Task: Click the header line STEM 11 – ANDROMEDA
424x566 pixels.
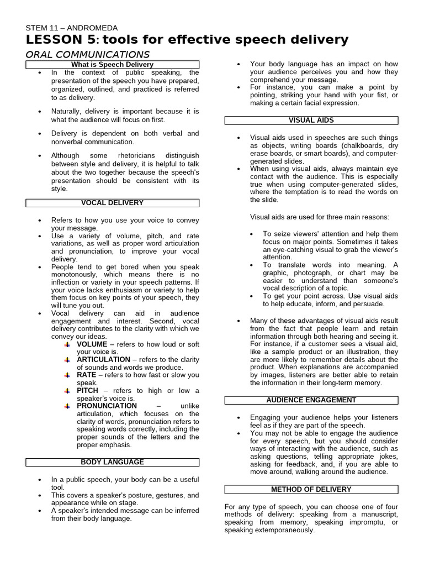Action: tap(72, 28)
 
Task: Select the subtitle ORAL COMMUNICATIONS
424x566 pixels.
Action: tap(88, 54)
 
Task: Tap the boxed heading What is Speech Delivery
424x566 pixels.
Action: tap(113, 65)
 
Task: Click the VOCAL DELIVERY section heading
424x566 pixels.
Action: tap(112, 203)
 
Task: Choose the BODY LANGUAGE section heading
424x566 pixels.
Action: tap(112, 462)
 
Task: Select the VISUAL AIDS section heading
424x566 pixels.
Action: tap(311, 120)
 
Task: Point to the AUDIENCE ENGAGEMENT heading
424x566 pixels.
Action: tap(311, 400)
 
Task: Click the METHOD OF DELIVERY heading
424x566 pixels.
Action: tap(311, 489)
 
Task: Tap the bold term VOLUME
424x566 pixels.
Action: tap(92, 344)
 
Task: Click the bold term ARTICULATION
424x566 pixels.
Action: tap(103, 359)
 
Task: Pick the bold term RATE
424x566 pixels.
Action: tap(87, 375)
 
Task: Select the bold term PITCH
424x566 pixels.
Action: tap(88, 390)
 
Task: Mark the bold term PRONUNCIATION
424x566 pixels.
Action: tap(107, 406)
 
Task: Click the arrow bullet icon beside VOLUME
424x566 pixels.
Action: tap(67, 344)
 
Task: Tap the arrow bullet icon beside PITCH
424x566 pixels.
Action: tap(67, 391)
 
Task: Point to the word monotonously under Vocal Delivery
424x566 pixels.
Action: tap(76, 274)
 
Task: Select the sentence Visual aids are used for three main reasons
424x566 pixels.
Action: tap(320, 217)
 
